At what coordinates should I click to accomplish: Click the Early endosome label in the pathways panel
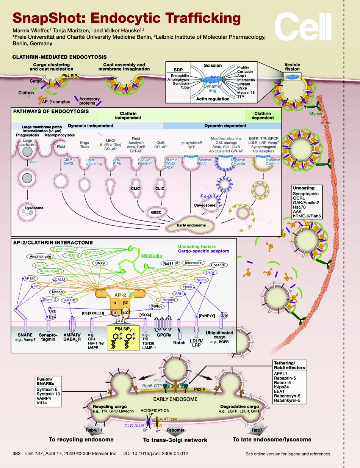(x=191, y=225)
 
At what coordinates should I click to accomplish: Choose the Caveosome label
(x=205, y=205)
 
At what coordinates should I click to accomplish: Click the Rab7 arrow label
(x=252, y=430)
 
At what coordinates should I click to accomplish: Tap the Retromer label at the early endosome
(x=175, y=430)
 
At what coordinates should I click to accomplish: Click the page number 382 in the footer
(x=16, y=453)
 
